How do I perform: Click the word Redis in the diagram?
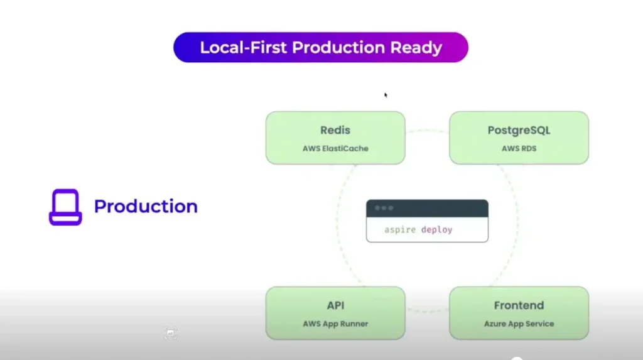pos(335,131)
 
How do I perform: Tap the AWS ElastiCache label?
pos(335,149)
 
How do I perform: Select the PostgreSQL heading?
pos(519,131)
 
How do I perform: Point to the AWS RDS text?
pos(519,149)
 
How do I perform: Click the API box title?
pos(335,306)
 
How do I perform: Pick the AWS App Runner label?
pos(335,324)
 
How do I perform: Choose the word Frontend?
pos(519,306)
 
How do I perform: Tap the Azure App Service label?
pos(519,324)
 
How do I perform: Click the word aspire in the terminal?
pos(400,230)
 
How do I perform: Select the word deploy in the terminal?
pos(436,230)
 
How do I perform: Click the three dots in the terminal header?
pos(384,208)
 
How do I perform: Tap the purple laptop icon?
pos(65,207)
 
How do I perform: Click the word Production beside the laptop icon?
pos(146,206)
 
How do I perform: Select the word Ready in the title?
pos(417,48)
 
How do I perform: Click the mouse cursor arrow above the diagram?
pos(386,95)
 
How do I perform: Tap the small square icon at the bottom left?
pos(171,334)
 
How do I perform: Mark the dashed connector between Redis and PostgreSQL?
pos(427,131)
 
